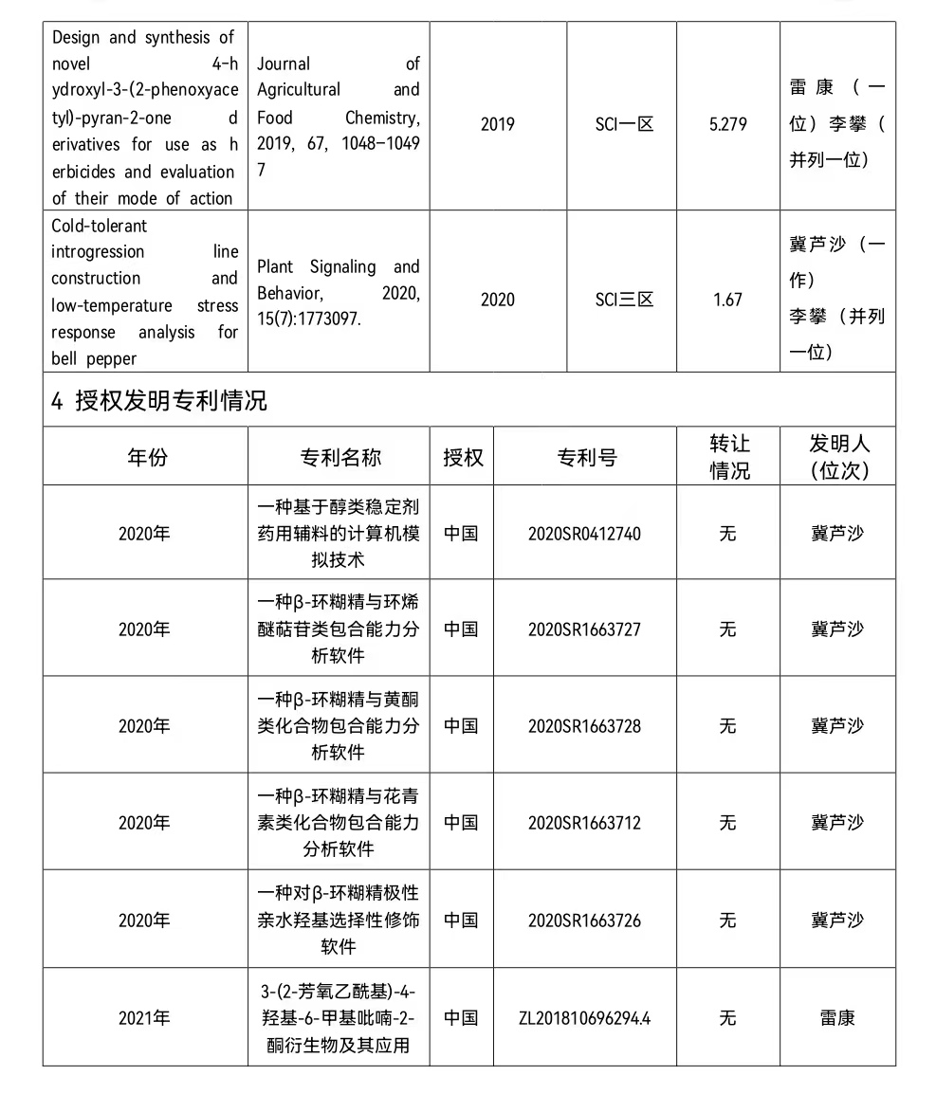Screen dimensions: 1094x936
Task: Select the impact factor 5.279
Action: tap(727, 124)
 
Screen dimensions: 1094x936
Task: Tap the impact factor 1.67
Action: tap(727, 300)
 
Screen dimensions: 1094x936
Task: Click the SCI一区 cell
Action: tap(624, 124)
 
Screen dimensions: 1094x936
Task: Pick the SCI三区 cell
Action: tap(624, 300)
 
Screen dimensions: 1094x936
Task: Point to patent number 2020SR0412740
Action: tap(584, 534)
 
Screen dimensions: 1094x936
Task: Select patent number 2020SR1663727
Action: tap(584, 629)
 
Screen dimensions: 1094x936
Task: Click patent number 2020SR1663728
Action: tap(584, 726)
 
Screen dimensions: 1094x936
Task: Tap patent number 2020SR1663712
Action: tap(584, 823)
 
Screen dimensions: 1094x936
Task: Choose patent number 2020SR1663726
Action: tap(584, 921)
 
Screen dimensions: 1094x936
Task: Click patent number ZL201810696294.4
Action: tap(584, 1018)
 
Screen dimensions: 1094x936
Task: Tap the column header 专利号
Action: tap(586, 457)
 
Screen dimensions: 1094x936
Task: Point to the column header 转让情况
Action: tap(729, 457)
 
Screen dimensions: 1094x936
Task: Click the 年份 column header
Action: tap(146, 457)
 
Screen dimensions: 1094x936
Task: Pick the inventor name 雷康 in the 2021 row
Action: tap(837, 1018)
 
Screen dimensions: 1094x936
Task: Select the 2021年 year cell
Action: tap(144, 1018)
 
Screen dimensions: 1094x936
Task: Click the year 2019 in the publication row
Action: tap(497, 124)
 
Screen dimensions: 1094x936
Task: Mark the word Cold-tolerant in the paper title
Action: tap(100, 226)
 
